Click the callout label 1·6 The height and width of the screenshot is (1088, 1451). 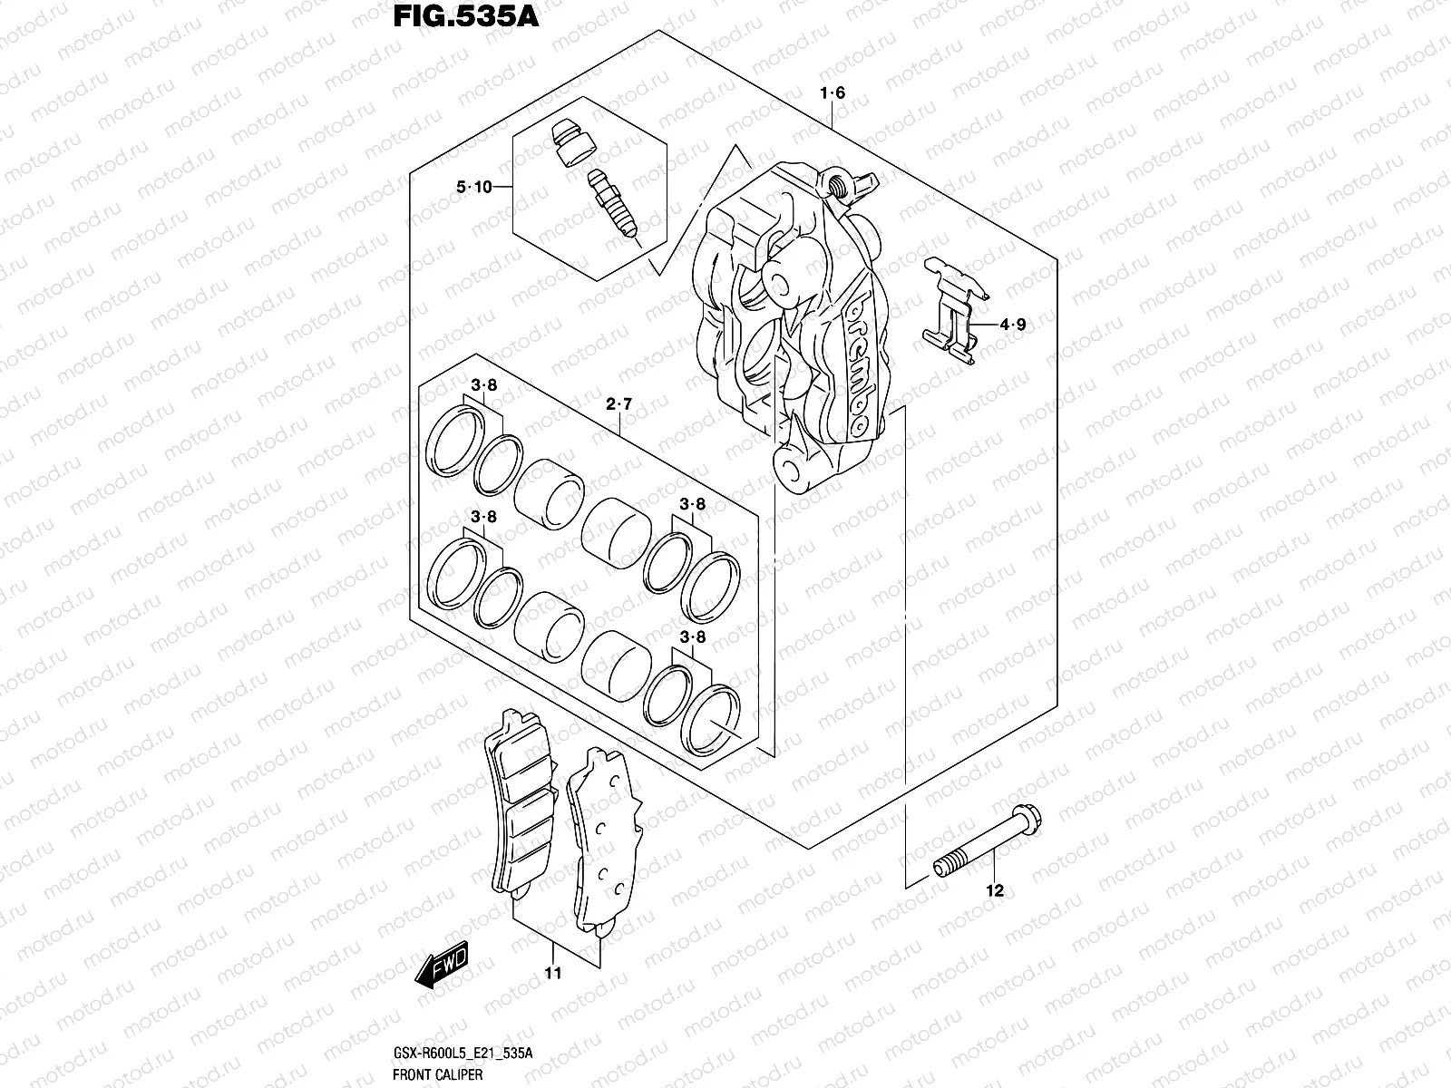click(833, 93)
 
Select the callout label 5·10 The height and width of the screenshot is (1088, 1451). click(473, 187)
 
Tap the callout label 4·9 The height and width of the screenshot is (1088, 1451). click(1013, 324)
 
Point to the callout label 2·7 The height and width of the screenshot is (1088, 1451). click(618, 405)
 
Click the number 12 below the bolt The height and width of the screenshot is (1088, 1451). click(995, 891)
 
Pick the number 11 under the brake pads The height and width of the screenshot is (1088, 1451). click(553, 974)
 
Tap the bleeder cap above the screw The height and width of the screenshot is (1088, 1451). click(572, 141)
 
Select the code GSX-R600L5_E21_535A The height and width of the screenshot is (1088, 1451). click(463, 1053)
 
